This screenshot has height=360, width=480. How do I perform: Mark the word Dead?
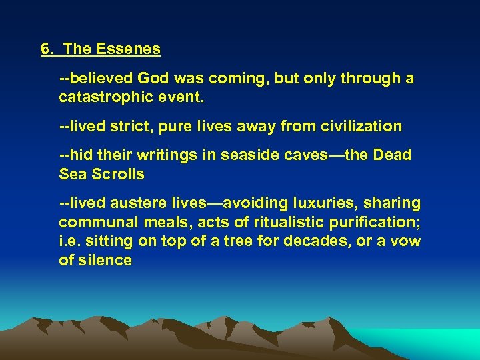393,155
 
